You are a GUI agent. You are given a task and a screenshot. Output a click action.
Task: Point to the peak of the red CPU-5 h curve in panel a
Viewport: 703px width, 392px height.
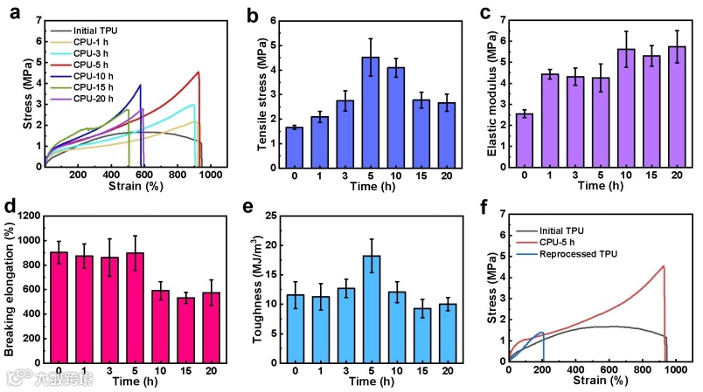[x=198, y=72]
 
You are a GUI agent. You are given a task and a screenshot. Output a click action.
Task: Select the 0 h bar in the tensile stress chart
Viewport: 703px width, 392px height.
[x=294, y=147]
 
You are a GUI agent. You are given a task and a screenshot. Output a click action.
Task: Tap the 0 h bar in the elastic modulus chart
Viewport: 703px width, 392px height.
[x=525, y=140]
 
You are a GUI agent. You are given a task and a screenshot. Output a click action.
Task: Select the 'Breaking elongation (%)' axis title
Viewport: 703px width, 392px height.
[x=10, y=288]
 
